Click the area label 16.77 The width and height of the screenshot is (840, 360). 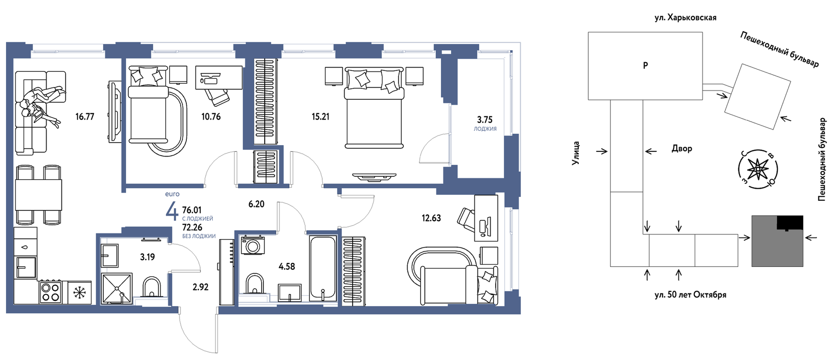(x=85, y=116)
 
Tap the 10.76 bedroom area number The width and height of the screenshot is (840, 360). (x=211, y=116)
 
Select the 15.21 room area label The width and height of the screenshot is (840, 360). (x=320, y=116)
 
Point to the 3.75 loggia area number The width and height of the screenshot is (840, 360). (x=484, y=119)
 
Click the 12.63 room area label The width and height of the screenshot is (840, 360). (x=431, y=218)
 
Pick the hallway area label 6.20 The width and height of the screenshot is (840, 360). (x=256, y=204)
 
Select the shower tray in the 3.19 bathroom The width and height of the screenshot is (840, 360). (x=116, y=288)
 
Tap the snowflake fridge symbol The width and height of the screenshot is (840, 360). (x=79, y=293)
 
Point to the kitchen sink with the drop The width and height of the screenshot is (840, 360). (x=25, y=247)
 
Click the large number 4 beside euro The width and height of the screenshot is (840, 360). (x=172, y=211)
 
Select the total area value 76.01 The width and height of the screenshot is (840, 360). (x=192, y=210)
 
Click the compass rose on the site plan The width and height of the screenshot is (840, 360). (x=758, y=169)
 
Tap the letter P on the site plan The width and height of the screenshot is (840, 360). (x=645, y=65)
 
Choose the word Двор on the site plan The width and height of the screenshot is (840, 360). (x=682, y=148)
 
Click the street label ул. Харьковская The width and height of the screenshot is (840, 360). (x=685, y=18)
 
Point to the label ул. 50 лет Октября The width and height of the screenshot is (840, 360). (x=690, y=295)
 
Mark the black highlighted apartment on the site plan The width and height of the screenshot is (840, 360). (x=790, y=223)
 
